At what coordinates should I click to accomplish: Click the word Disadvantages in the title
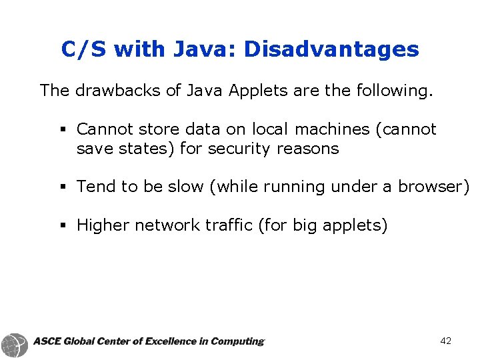(331, 49)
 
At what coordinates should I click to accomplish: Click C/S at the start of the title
(85, 49)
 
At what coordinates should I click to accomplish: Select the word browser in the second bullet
(431, 187)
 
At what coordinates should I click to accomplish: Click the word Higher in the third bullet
(103, 226)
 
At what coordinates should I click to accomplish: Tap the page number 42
(446, 341)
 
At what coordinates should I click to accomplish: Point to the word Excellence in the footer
(176, 341)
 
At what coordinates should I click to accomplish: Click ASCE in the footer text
(47, 341)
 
